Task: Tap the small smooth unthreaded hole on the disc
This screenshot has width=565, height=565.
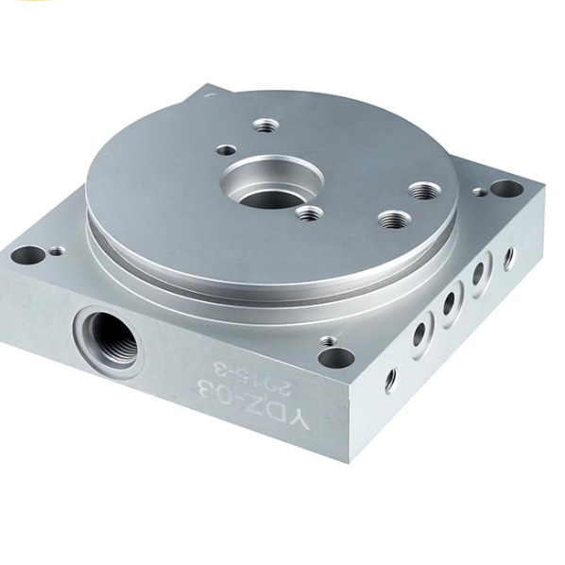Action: tap(226, 149)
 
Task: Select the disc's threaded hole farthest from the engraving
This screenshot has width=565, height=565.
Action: tap(265, 126)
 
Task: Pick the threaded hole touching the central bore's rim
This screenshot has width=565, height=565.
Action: tap(308, 214)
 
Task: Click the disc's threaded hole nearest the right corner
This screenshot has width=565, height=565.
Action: tap(423, 191)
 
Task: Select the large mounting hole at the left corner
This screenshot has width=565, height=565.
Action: tap(27, 255)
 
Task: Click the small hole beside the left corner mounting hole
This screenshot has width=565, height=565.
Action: tap(56, 250)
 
